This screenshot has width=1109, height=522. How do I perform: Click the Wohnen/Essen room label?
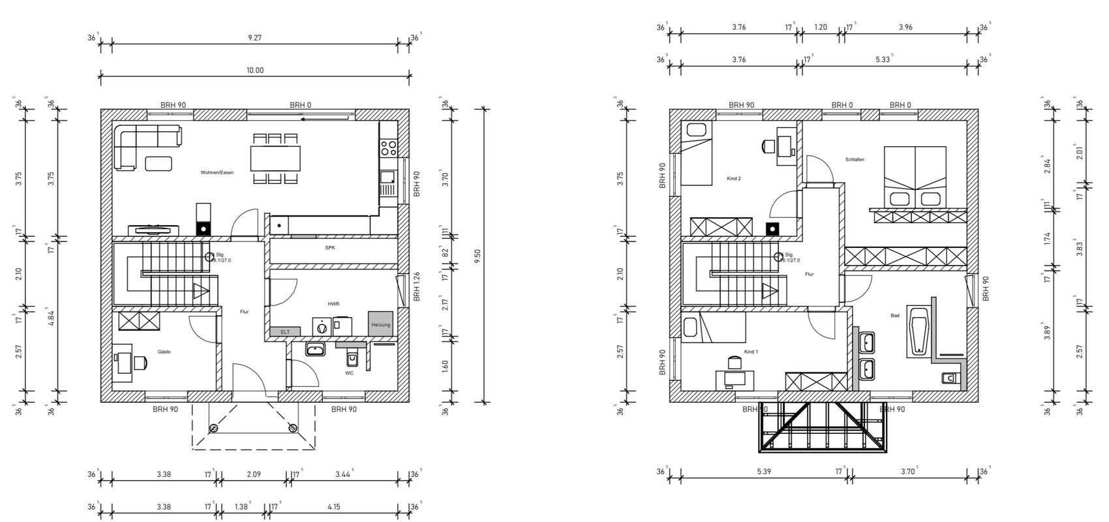point(217,173)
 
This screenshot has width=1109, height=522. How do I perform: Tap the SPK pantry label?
point(330,248)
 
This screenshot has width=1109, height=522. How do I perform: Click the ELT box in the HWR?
point(285,331)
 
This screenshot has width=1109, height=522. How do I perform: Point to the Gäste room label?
point(164,352)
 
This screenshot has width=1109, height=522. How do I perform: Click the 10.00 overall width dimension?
point(255,70)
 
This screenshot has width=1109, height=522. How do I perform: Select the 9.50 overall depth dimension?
point(478,256)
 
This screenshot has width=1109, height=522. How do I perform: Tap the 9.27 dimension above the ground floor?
point(255,38)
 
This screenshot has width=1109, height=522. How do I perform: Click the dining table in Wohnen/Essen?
point(275,158)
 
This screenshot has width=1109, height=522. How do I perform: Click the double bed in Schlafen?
point(915,175)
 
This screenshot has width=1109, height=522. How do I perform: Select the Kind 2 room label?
point(734,178)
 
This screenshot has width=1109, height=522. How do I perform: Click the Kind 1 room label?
point(751,352)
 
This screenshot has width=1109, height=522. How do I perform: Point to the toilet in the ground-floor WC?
point(352,358)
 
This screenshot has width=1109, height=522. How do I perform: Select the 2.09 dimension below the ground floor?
point(253,474)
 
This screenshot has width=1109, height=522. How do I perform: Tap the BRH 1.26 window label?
point(416,288)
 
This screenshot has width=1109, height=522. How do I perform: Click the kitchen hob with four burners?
point(388,147)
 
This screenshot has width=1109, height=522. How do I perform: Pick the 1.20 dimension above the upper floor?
point(821,27)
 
